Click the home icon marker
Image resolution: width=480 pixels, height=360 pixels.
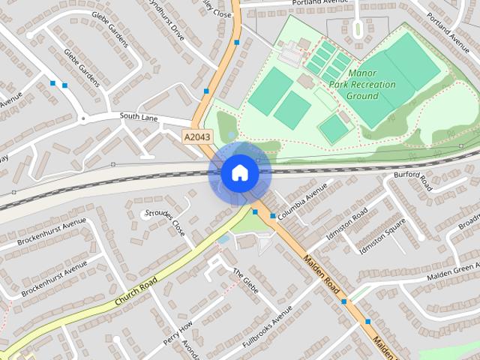[239, 173]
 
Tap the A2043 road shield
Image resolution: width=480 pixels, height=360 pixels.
[198, 136]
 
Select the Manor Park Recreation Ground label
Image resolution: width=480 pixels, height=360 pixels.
[373, 85]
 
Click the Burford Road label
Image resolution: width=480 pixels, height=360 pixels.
[413, 180]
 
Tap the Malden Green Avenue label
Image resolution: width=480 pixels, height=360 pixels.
[453, 271]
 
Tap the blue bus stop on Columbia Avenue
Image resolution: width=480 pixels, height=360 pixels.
[272, 216]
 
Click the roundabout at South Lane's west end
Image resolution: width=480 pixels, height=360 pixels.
[83, 118]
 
